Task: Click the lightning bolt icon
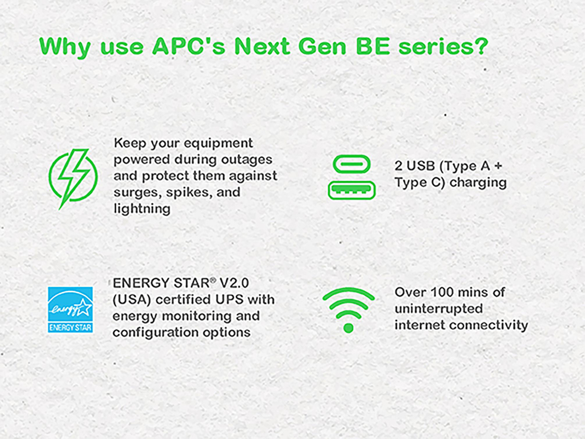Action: coord(73,178)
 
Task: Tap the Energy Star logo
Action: coord(70,310)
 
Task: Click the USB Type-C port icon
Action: coord(351,164)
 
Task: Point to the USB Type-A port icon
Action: coord(351,190)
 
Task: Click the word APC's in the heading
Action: coord(189,46)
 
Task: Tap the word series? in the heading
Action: coord(443,46)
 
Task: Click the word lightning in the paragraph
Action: coord(142,209)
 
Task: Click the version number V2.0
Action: coord(234,283)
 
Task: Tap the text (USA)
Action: coord(131,299)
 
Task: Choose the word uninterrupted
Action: coord(438,309)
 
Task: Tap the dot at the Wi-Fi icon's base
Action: coord(348,328)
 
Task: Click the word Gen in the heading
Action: coord(322,46)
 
